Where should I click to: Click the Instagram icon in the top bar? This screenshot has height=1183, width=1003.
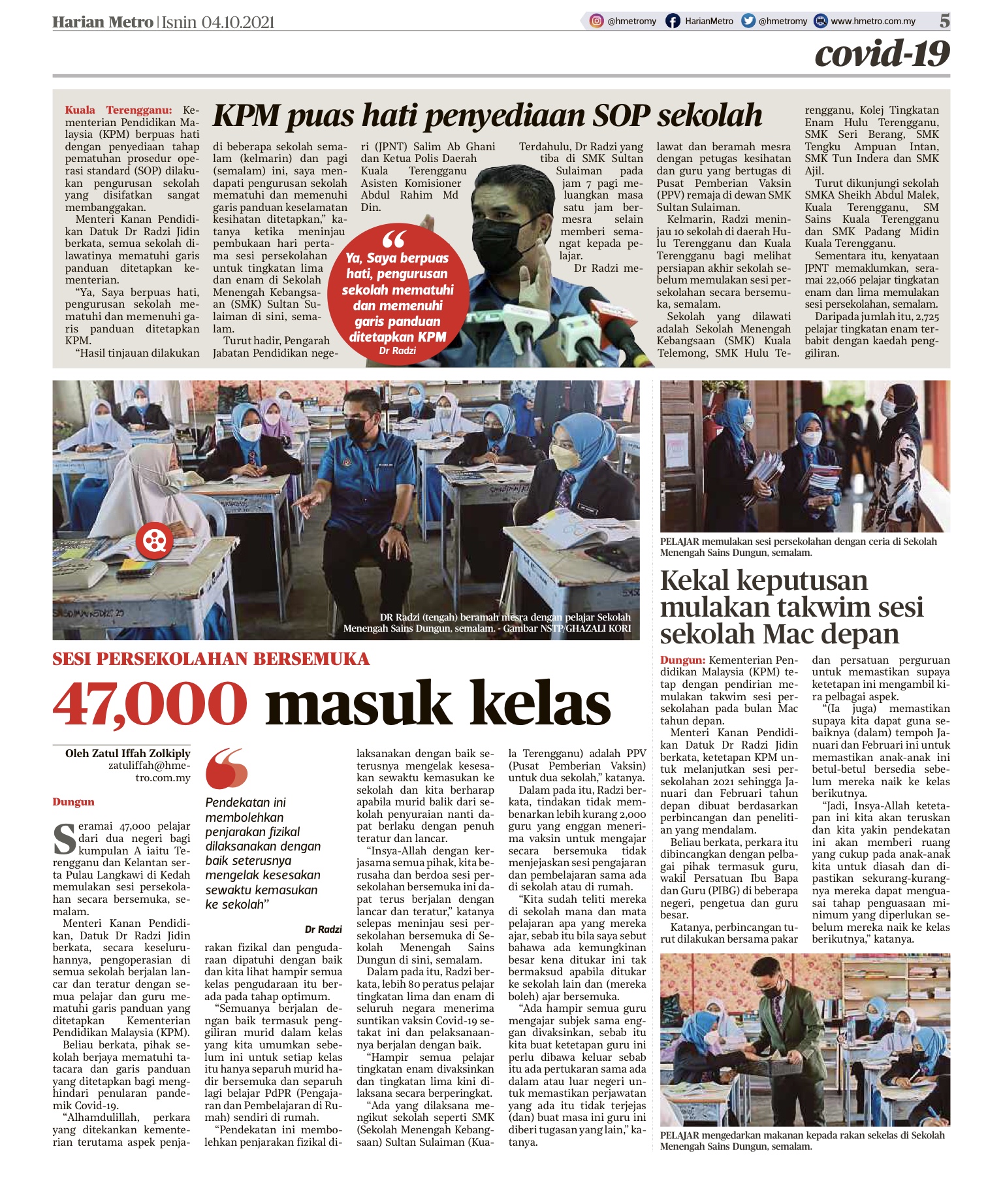tap(596, 21)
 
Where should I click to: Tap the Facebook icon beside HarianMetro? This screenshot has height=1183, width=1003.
tap(673, 21)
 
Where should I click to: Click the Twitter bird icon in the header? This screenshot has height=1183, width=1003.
tap(748, 21)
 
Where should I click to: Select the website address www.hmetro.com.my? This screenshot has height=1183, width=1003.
tap(872, 21)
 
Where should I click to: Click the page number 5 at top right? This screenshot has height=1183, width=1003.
tap(944, 21)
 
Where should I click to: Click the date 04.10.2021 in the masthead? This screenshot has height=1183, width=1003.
tap(238, 22)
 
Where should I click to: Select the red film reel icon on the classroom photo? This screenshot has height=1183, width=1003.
tap(155, 540)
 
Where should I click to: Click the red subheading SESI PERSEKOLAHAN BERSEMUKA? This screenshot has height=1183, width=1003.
tap(211, 658)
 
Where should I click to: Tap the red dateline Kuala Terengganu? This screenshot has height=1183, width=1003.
tap(118, 110)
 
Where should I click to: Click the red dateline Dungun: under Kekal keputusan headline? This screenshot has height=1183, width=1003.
tap(682, 660)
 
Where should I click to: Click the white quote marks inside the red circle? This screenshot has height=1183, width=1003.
tap(394, 238)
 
